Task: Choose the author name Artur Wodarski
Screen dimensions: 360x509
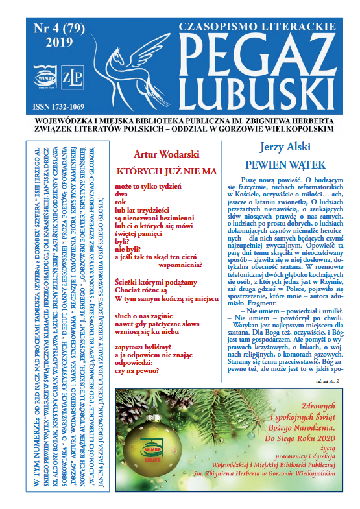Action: [165, 154]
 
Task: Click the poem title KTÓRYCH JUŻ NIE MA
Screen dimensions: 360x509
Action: [165, 171]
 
